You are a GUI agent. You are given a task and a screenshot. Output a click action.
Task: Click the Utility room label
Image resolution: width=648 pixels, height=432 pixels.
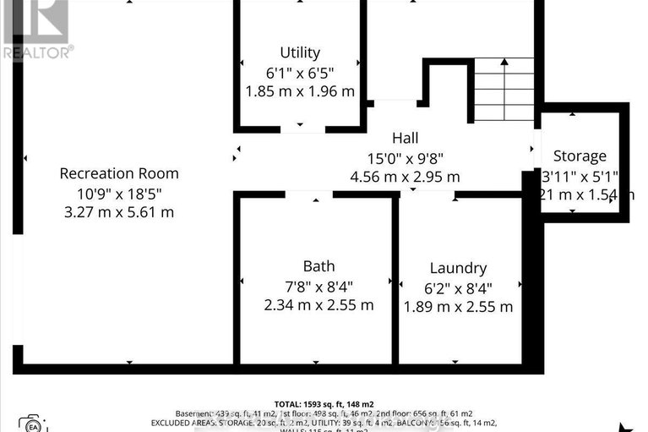(300, 52)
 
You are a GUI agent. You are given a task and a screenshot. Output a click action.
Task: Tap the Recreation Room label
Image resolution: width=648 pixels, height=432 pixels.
(119, 173)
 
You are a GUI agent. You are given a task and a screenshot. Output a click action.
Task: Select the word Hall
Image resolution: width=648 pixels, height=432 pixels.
(405, 138)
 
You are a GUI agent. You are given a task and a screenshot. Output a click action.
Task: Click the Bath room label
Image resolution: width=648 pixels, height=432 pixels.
(319, 266)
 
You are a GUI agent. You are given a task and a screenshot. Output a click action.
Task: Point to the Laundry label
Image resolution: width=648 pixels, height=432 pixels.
(457, 268)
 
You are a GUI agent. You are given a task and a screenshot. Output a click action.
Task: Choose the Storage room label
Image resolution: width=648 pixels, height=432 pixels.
(580, 156)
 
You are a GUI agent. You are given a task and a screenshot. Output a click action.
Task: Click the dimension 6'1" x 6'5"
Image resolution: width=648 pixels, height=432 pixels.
(300, 72)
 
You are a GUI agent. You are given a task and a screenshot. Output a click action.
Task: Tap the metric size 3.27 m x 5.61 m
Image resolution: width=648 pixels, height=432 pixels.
(119, 212)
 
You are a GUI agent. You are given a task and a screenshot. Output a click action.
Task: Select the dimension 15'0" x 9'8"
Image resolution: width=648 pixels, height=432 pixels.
(405, 157)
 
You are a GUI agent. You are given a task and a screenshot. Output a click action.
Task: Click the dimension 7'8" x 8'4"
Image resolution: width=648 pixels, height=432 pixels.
(319, 286)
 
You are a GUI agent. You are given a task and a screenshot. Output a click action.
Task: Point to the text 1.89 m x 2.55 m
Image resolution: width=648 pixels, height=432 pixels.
(457, 306)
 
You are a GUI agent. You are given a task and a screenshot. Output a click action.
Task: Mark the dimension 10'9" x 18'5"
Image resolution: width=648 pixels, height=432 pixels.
(119, 193)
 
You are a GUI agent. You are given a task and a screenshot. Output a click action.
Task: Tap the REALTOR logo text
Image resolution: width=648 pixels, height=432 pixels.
(37, 52)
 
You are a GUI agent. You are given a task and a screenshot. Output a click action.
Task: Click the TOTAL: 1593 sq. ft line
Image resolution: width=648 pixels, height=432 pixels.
(324, 403)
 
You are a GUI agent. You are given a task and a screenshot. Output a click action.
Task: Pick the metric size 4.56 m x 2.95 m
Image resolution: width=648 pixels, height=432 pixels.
(405, 177)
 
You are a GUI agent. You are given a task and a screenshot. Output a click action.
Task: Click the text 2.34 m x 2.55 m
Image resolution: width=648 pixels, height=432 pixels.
(319, 305)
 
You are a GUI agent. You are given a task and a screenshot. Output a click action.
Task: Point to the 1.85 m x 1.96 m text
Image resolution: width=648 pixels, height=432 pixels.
(300, 91)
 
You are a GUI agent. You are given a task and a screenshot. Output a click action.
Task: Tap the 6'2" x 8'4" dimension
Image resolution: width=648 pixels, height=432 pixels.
(457, 287)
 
